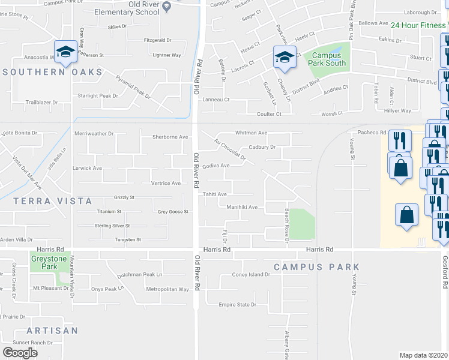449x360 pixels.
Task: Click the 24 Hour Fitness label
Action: click(x=418, y=25)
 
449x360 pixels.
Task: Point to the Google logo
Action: click(x=19, y=352)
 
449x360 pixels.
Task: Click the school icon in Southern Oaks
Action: click(x=64, y=52)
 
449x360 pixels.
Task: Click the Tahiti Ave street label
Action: click(x=214, y=194)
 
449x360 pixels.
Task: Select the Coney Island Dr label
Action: click(x=252, y=275)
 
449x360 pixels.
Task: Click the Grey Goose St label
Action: click(x=173, y=212)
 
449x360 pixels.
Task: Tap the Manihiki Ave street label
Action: click(x=241, y=207)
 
